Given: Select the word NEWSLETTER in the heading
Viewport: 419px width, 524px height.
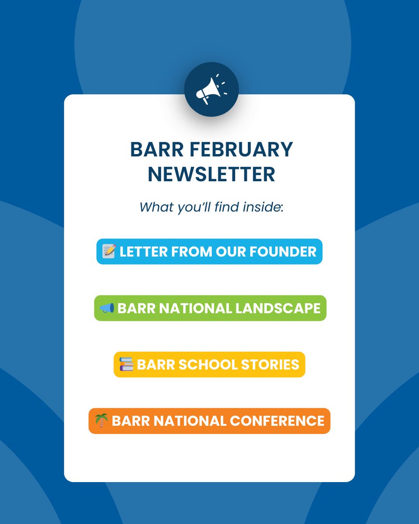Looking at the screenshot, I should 211,174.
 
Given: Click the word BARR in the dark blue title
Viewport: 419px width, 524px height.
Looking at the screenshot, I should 152,150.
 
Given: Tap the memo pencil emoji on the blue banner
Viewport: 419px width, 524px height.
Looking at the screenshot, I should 109,251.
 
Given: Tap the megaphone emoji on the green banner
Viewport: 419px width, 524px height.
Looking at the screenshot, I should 107,308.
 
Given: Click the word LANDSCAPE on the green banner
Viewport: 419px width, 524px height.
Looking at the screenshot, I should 278,308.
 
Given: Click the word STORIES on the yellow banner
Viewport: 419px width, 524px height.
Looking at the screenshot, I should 272,365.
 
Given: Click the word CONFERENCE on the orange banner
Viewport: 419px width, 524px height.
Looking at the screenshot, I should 277,421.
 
